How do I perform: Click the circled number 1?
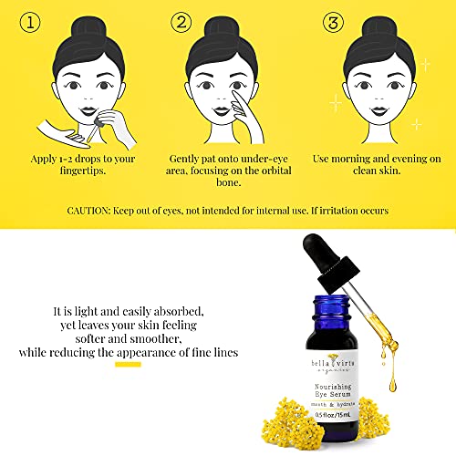click(30, 23)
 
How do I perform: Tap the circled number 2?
click(181, 22)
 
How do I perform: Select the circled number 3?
click(333, 23)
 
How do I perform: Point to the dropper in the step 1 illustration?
click(94, 130)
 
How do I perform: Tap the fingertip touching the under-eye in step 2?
click(235, 92)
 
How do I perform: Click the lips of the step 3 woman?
click(379, 111)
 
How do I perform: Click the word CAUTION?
click(88, 211)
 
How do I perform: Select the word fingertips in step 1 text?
click(83, 171)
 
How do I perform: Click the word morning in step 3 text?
click(350, 159)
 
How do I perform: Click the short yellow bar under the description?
click(128, 365)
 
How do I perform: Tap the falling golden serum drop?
click(393, 385)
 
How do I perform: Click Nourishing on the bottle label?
click(333, 387)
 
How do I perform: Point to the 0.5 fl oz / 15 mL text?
click(333, 414)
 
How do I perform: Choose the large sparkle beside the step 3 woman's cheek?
click(336, 103)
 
